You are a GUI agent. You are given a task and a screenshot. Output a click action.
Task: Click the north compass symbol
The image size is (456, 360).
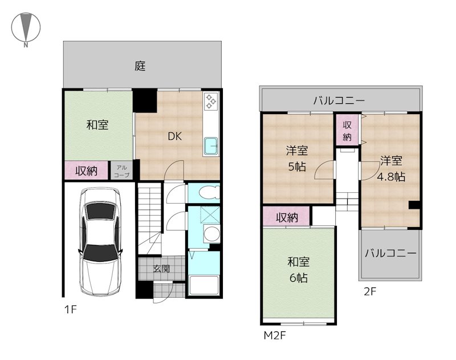coord(26,27)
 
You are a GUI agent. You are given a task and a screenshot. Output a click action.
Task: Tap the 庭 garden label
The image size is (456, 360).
coord(140,66)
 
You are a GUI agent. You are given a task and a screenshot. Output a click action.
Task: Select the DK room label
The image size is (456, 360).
coord(175,136)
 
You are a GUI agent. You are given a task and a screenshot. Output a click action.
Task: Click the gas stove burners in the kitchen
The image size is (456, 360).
coord(211,102)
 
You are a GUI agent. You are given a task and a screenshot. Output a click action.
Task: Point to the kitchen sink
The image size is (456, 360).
coord(211,146)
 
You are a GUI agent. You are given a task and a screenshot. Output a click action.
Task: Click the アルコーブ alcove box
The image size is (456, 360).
coord(121,171)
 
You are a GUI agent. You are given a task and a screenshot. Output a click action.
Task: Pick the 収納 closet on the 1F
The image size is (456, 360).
coord(87,171)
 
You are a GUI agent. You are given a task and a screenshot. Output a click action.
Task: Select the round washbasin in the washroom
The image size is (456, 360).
coord(211,233)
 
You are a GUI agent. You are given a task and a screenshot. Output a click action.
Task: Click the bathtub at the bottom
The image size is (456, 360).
coord(203,285)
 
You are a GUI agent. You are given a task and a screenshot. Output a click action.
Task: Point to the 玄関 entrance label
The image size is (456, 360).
coord(161,269)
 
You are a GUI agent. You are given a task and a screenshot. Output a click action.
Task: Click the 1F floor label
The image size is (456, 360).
coord(70,309)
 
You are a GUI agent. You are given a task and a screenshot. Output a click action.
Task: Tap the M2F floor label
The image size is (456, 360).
coord(275,335)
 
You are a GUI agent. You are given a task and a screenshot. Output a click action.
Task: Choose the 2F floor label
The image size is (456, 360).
coord(370,292)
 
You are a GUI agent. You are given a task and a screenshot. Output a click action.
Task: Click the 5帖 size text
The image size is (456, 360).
coord(297,167)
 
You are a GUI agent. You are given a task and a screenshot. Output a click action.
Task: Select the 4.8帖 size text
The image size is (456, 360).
coord(391,177)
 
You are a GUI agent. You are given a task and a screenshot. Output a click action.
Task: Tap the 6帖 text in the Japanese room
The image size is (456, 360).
coord(298,278)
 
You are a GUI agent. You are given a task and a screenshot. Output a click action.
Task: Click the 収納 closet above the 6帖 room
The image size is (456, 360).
coord(287,217)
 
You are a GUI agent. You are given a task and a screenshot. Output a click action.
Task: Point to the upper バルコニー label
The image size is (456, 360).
coord(339,100)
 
